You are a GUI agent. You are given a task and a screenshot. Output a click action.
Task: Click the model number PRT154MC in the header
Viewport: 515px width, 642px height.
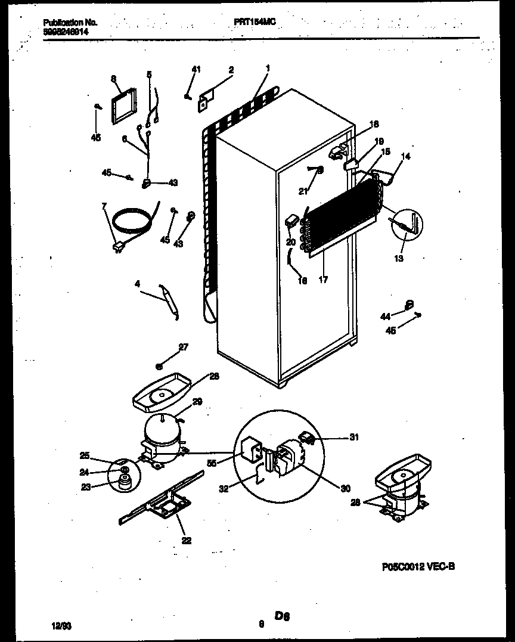[255, 21]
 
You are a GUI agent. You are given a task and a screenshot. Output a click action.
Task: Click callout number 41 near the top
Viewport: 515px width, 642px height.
[196, 70]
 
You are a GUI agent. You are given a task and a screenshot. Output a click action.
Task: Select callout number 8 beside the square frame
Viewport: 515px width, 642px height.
[113, 78]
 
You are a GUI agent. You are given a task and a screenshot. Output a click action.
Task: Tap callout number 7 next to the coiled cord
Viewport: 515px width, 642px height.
[104, 206]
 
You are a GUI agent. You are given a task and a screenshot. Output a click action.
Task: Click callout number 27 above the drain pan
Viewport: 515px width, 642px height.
[183, 348]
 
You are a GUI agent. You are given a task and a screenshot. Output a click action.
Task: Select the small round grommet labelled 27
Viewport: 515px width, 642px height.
[159, 365]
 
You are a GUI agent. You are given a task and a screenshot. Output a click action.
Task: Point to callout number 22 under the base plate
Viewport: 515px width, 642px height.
[187, 541]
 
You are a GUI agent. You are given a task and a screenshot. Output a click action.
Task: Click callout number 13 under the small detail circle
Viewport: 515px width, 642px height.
[399, 258]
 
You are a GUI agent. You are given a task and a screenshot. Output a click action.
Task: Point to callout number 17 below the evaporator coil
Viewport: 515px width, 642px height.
[322, 280]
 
